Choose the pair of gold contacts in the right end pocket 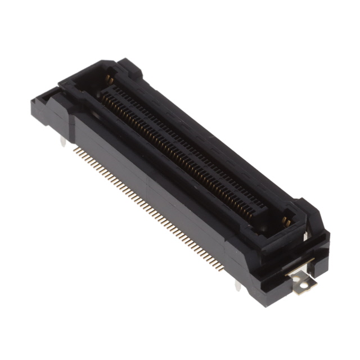pyautogui.click(x=287, y=221)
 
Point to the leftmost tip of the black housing pyautogui.click(x=33, y=101)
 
